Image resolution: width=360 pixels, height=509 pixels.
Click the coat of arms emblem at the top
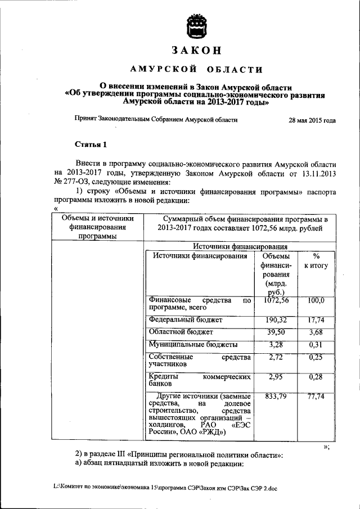pos(197,25)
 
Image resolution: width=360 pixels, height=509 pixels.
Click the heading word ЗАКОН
pos(197,51)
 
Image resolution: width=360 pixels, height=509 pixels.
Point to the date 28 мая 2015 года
pos(312,120)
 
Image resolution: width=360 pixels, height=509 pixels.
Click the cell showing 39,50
pos(276,332)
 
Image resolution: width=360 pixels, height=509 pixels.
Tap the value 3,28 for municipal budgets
pos(276,344)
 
